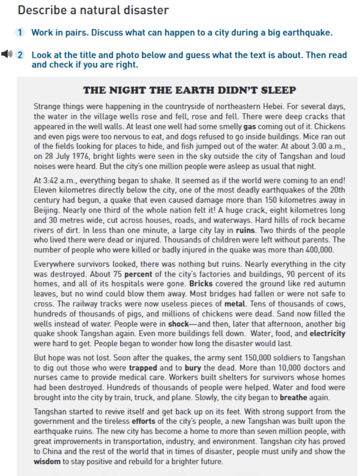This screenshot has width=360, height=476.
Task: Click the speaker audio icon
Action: (6, 54)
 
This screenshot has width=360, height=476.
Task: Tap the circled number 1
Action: (20, 33)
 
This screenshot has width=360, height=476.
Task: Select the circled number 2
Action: (20, 55)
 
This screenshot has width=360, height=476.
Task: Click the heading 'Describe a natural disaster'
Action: (93, 10)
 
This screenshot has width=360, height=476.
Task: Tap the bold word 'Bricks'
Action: (201, 284)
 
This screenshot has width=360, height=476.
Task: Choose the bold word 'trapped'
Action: (143, 367)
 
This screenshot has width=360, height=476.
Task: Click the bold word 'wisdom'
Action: (47, 461)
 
